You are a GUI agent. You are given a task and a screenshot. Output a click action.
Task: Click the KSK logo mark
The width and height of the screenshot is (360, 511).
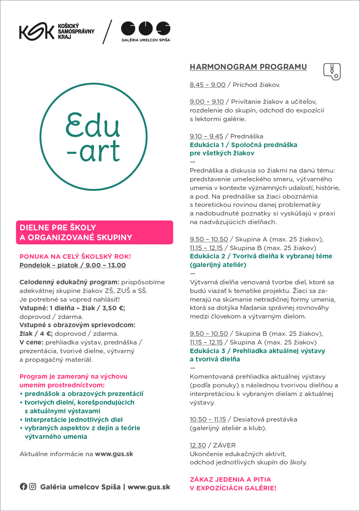[36, 32]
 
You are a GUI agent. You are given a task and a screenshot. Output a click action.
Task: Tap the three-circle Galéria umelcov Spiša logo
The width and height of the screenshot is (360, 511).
[145, 28]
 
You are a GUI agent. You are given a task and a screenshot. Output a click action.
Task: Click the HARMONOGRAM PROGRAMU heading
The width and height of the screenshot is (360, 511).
[248, 67]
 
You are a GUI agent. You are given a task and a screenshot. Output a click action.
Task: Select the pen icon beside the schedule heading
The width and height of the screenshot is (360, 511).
[332, 71]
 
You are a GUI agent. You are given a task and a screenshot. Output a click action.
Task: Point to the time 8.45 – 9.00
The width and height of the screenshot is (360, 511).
[208, 85]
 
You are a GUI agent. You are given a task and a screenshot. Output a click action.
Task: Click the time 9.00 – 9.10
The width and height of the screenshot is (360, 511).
[207, 102]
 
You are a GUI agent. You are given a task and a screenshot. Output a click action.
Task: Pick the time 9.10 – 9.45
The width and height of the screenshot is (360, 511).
[206, 136]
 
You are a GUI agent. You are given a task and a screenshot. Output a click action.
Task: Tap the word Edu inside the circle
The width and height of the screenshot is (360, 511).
[94, 124]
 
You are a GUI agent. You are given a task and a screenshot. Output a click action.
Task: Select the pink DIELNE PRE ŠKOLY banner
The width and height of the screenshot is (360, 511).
[94, 232]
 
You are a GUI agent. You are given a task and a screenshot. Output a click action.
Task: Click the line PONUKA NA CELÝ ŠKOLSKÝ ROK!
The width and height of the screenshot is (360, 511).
[75, 256]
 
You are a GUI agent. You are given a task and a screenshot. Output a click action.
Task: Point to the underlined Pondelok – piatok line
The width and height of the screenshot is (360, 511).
[72, 265]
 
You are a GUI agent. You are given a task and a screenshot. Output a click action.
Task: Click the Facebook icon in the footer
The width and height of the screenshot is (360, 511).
[23, 487]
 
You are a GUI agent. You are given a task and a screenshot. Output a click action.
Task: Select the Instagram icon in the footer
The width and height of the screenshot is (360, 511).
[33, 487]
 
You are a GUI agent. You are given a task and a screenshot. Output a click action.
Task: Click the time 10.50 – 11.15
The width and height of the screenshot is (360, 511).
[208, 420]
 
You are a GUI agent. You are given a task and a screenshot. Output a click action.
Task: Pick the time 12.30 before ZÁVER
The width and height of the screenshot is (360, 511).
[198, 445]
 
